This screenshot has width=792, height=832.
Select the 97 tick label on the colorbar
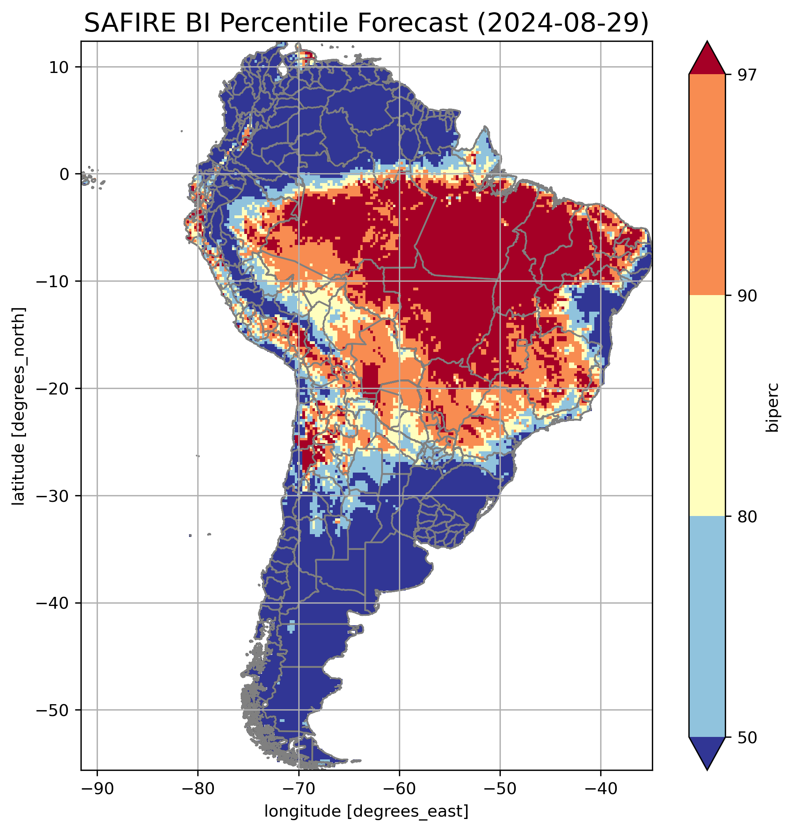747,75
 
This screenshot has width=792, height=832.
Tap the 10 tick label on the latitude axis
59,67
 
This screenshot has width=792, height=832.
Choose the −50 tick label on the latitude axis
53,710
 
